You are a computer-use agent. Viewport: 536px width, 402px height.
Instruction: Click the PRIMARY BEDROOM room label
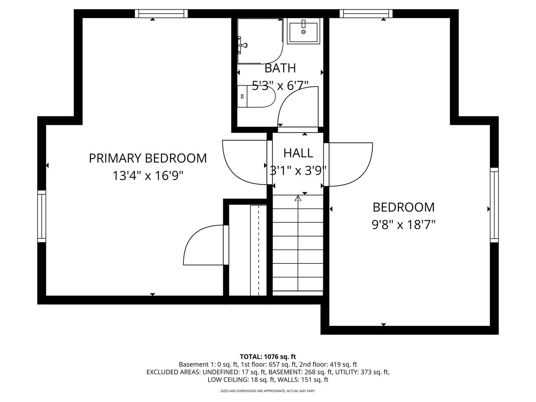pyautogui.click(x=147, y=158)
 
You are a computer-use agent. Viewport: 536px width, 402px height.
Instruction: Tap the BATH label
pyautogui.click(x=280, y=68)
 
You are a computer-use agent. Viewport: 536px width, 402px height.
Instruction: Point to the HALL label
pyautogui.click(x=298, y=153)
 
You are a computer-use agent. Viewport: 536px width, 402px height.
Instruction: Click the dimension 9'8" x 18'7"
pyautogui.click(x=404, y=225)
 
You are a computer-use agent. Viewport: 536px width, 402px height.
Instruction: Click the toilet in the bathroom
pyautogui.click(x=256, y=96)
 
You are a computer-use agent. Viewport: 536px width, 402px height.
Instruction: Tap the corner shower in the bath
pyautogui.click(x=259, y=41)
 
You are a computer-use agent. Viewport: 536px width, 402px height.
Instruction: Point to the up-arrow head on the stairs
pyautogui.click(x=298, y=198)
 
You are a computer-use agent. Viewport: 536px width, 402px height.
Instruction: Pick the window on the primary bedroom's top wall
pyautogui.click(x=161, y=14)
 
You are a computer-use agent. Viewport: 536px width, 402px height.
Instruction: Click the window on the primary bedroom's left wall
pyautogui.click(x=41, y=216)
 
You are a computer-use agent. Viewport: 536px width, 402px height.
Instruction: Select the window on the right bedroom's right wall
pyautogui.click(x=494, y=205)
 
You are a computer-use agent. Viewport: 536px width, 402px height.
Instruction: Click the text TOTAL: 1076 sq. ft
pyautogui.click(x=268, y=357)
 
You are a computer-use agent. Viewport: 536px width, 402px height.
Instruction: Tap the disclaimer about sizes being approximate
pyautogui.click(x=268, y=391)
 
